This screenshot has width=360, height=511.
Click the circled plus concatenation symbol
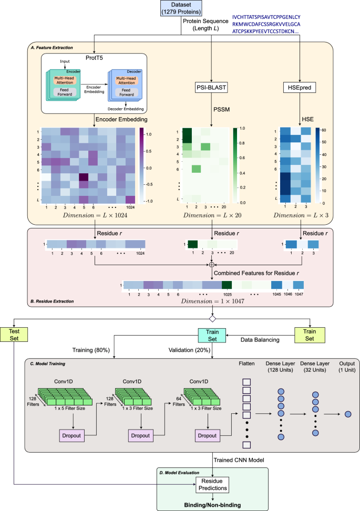[x=211, y=265]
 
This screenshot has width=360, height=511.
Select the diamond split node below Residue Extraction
[x=212, y=319]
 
